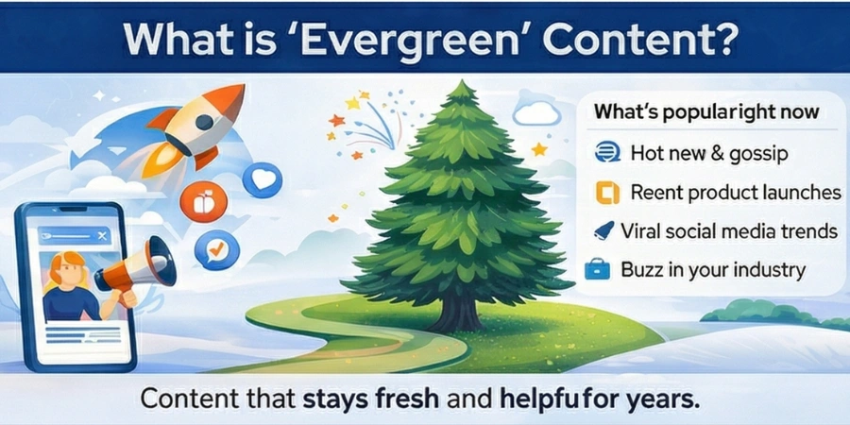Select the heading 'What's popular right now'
coord(705,113)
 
